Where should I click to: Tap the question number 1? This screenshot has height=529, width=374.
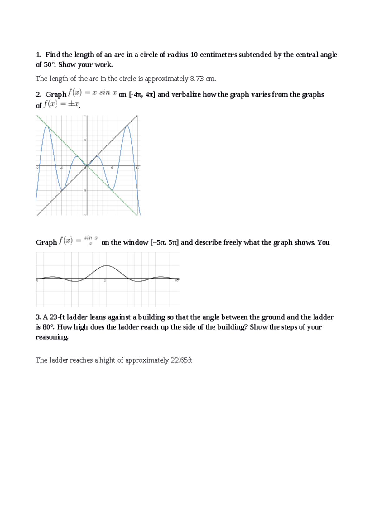click(x=38, y=55)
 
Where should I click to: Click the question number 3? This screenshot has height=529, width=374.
click(x=38, y=317)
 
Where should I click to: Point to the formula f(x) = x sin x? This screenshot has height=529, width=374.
click(x=93, y=93)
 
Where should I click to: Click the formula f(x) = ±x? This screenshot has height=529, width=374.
click(x=61, y=104)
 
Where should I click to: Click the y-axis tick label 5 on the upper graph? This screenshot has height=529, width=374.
click(x=85, y=140)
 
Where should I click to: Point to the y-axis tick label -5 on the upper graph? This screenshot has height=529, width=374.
click(x=84, y=190)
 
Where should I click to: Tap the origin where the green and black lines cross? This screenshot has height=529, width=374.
click(x=87, y=166)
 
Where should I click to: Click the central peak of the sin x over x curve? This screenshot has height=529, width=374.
click(x=107, y=265)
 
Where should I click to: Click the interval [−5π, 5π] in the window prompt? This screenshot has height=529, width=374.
click(x=164, y=242)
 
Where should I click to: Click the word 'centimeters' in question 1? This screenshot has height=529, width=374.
click(x=218, y=55)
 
